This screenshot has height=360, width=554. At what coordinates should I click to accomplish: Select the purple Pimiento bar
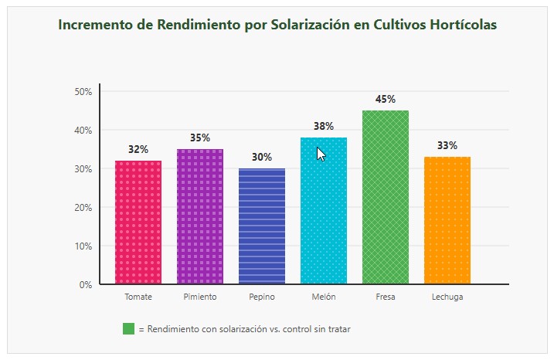tap(200, 216)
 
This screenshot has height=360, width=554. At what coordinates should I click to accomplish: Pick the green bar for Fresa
tap(386, 197)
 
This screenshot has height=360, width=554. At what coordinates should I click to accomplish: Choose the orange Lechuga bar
tap(447, 220)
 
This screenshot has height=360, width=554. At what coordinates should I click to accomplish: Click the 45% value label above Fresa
tap(386, 100)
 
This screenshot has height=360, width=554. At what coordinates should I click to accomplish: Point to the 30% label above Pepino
tap(262, 158)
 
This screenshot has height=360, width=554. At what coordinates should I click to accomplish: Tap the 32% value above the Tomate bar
tap(138, 150)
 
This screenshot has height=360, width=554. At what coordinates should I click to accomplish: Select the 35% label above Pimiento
tap(200, 138)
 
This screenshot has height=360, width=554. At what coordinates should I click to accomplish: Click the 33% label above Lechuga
tap(447, 146)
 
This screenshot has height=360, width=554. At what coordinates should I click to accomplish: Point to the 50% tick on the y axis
tap(83, 91)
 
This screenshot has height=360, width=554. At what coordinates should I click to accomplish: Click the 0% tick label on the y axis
tap(85, 284)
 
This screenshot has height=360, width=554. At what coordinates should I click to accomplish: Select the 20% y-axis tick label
tap(83, 207)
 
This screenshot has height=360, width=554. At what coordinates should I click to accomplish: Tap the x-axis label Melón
tap(324, 297)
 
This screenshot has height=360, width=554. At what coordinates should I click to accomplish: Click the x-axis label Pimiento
tap(200, 297)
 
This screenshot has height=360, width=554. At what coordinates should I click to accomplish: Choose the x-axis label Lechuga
tap(447, 297)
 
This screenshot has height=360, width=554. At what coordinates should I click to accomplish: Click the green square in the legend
tap(128, 329)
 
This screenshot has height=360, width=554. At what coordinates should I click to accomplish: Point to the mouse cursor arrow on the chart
tap(321, 154)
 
